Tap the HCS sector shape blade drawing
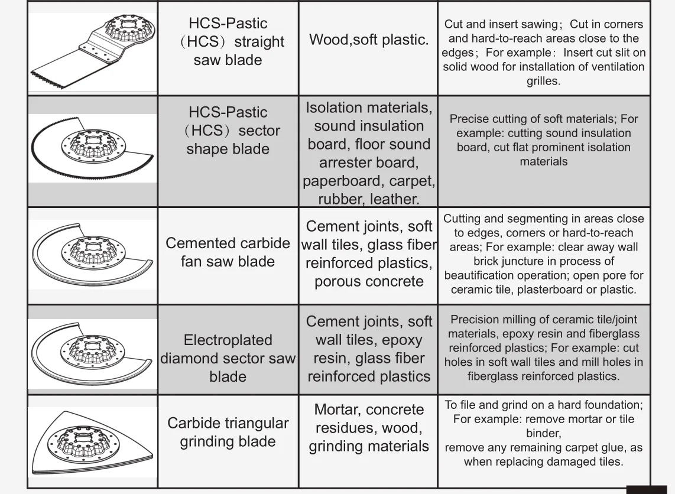(x=92, y=148)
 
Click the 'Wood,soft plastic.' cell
(x=368, y=40)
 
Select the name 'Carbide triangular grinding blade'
(x=228, y=433)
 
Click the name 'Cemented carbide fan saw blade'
(x=228, y=252)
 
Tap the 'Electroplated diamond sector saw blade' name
(x=228, y=358)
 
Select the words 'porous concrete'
(x=369, y=281)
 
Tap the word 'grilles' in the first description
(x=543, y=81)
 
